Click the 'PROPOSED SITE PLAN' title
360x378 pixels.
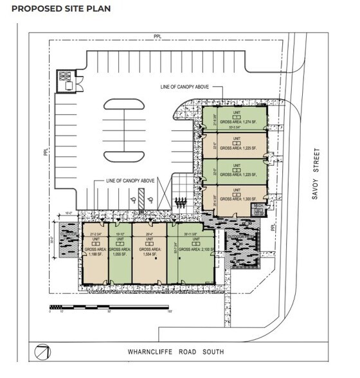(x=61, y=9)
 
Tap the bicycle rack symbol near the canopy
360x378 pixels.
(x=181, y=202)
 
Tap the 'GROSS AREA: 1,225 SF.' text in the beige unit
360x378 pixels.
(x=236, y=148)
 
